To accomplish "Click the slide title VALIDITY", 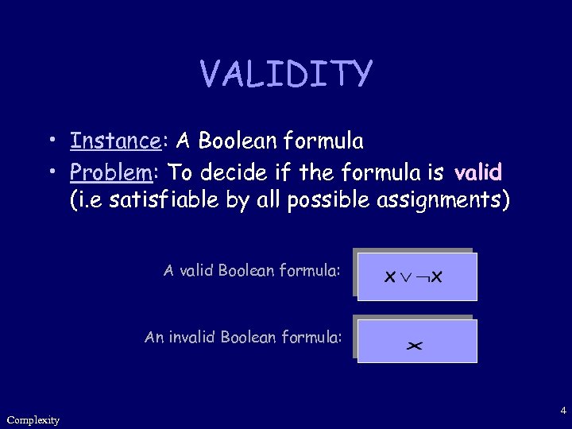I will point(285,74).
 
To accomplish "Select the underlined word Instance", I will point(115,141).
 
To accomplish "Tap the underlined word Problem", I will point(111,172).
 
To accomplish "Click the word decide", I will point(235,172).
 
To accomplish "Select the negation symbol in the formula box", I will point(423,277).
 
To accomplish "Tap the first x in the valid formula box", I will point(390,277).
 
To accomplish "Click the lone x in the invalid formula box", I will point(414,346).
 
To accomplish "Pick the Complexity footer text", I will point(33,419).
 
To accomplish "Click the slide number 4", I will point(562,411).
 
